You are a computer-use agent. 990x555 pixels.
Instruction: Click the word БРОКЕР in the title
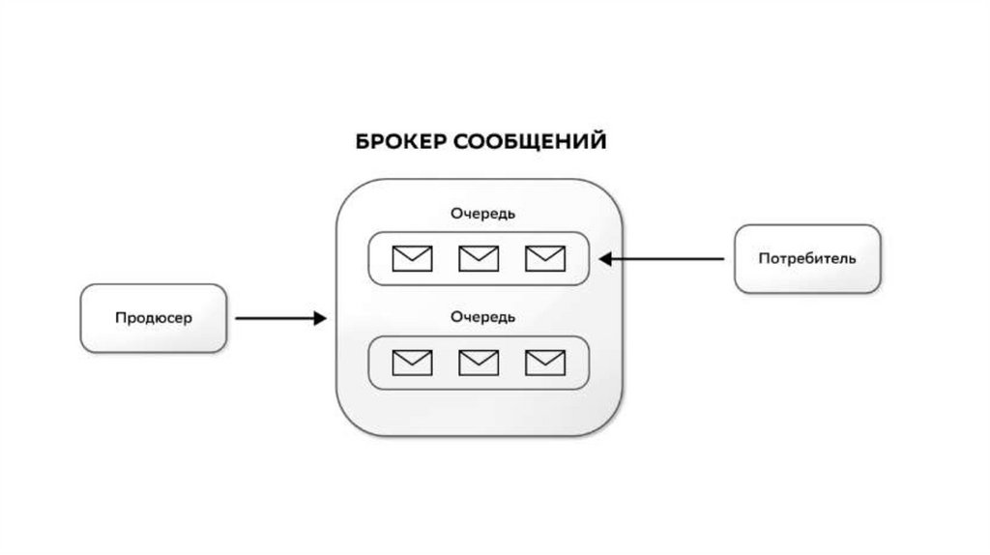pyautogui.click(x=400, y=142)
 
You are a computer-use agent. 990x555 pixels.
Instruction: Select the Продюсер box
pyautogui.click(x=154, y=318)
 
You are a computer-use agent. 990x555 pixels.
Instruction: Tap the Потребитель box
pyautogui.click(x=807, y=259)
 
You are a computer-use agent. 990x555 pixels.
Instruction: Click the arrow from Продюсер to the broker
pyautogui.click(x=280, y=318)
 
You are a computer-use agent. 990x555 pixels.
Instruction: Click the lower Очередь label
pyautogui.click(x=479, y=316)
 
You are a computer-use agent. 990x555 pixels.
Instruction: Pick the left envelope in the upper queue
pyautogui.click(x=412, y=259)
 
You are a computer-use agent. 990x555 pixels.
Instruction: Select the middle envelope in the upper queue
pyautogui.click(x=479, y=259)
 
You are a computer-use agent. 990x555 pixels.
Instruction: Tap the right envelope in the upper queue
pyautogui.click(x=544, y=259)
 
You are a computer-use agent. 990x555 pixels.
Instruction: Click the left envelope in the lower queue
pyautogui.click(x=412, y=363)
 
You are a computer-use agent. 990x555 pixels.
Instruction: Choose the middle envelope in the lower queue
pyautogui.click(x=479, y=363)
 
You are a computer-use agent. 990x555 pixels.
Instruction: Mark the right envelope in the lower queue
pyautogui.click(x=544, y=363)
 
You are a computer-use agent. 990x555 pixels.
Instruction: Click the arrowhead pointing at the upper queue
pyautogui.click(x=605, y=259)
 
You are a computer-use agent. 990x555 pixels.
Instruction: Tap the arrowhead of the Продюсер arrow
pyautogui.click(x=320, y=318)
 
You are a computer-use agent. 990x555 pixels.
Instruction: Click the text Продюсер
pyautogui.click(x=154, y=318)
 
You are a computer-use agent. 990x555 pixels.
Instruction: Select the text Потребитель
pyautogui.click(x=807, y=259)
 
